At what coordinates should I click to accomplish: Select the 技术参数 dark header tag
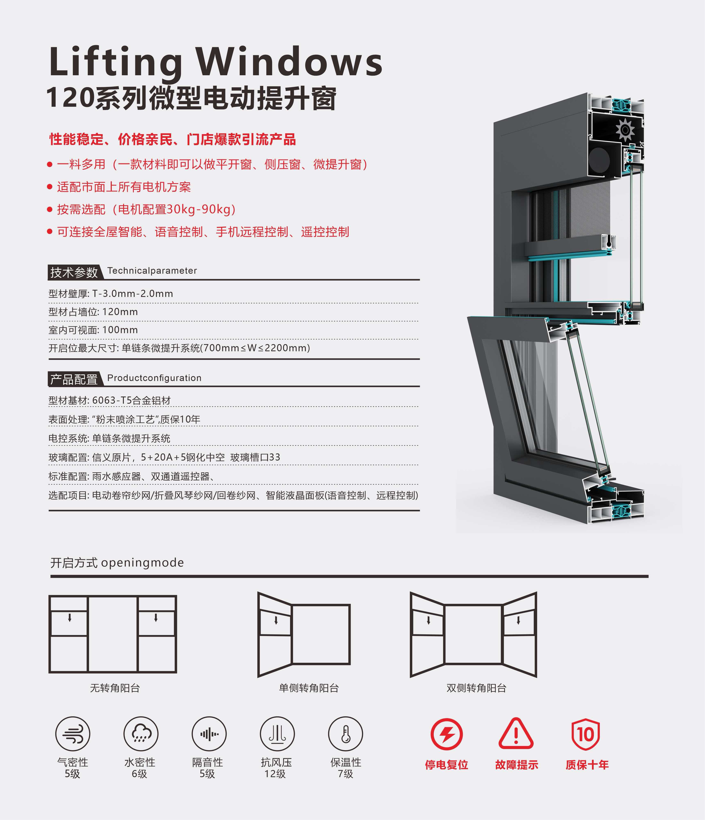(74, 272)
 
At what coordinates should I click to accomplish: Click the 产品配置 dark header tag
(74, 379)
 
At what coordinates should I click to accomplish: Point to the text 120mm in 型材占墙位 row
(120, 312)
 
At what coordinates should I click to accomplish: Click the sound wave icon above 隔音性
(209, 734)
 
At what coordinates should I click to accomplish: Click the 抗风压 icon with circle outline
(277, 734)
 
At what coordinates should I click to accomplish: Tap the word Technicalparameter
(152, 271)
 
